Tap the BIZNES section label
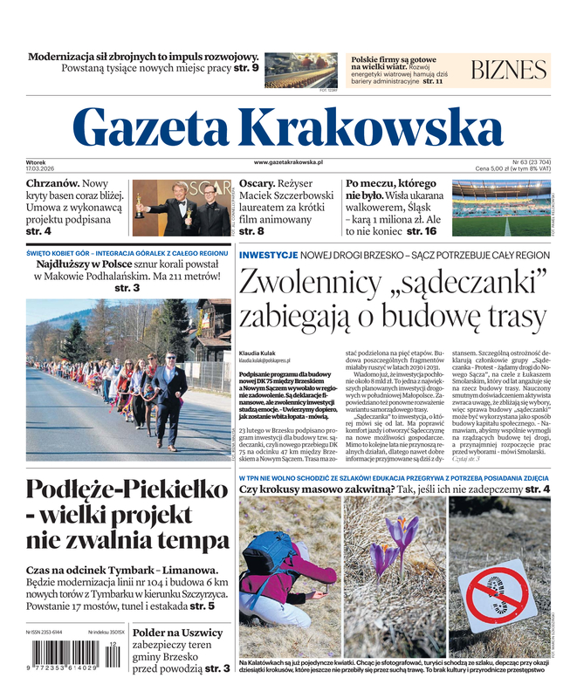[x=509, y=71]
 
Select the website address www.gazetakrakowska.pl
[x=289, y=162]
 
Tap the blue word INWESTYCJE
[x=268, y=254]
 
